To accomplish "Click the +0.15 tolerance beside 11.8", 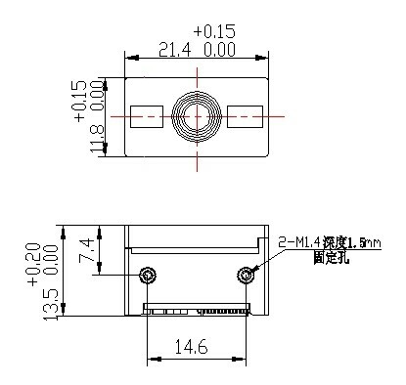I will [80, 101].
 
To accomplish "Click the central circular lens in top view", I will [196, 115].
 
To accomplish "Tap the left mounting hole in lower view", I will [148, 275].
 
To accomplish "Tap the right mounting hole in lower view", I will [244, 275].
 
